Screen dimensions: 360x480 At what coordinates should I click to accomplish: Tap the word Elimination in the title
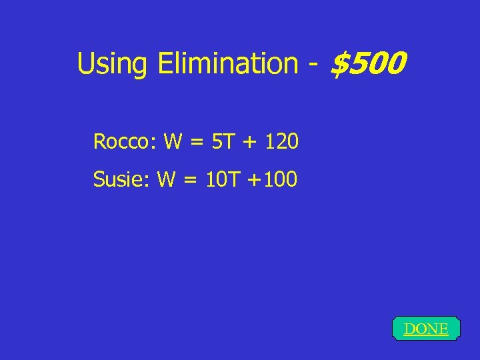coord(229,64)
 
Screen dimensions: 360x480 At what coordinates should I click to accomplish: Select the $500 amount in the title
coord(368,63)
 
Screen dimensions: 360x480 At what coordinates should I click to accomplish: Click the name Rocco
coord(121,142)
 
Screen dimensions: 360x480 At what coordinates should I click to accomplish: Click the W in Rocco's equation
coord(173,142)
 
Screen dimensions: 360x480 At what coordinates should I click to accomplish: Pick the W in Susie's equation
coord(167,179)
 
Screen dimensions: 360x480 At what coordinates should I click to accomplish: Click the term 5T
coord(221,142)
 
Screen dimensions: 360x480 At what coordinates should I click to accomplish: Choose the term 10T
coord(221,179)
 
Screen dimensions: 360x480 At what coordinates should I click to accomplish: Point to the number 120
coord(281,142)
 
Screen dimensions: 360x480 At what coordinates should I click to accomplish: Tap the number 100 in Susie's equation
coord(281,179)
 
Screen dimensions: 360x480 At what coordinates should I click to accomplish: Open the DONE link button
coord(426,329)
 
